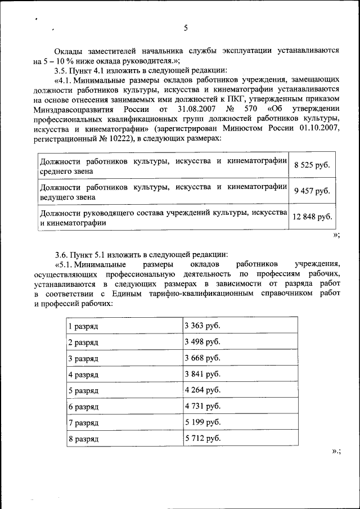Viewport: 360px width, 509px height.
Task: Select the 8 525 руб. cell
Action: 312,165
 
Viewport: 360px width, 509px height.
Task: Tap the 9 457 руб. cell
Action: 312,191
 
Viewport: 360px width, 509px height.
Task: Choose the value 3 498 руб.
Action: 202,342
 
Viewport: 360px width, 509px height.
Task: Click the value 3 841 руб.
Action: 202,374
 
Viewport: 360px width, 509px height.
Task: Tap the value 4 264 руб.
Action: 202,390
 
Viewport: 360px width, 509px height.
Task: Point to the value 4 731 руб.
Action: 202,406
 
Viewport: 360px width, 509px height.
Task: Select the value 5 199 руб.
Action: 202,421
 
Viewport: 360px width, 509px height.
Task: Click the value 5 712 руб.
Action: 202,437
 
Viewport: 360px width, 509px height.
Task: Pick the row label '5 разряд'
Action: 83,390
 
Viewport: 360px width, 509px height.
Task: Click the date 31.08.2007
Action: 199,109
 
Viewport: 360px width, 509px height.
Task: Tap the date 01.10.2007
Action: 319,128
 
